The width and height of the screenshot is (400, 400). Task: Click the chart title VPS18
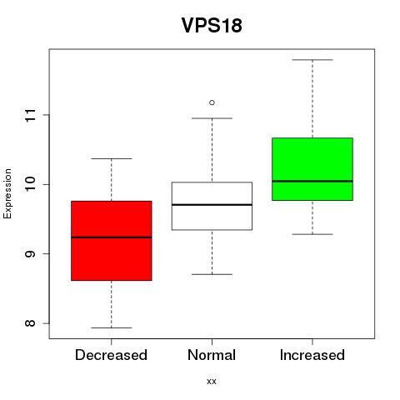pos(212,25)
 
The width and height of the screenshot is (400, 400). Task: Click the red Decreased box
pos(112,241)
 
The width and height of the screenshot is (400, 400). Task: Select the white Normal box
pos(212,206)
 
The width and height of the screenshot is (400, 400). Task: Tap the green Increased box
pos(312,169)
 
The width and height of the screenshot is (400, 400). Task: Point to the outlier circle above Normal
pos(212,102)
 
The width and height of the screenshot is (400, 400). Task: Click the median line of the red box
pos(112,237)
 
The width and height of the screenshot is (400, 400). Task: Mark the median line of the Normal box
pos(212,204)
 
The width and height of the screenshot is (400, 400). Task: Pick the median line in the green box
pos(312,181)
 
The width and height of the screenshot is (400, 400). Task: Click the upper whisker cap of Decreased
pos(112,158)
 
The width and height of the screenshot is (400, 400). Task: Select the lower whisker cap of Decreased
pos(112,327)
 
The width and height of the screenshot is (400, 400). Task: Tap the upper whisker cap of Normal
pos(212,118)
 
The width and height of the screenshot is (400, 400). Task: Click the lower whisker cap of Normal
pos(212,274)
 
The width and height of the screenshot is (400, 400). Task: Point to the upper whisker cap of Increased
pos(312,60)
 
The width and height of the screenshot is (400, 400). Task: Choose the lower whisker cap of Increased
pos(312,234)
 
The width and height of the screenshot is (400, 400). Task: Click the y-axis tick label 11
pos(30,115)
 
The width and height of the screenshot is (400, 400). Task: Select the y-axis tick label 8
pos(30,323)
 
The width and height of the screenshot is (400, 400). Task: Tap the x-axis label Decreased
pos(111,355)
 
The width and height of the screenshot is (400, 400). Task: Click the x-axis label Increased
pos(312,355)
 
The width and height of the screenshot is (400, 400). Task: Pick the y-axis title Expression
pos(7,193)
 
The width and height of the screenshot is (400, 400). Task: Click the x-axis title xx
pos(212,382)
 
